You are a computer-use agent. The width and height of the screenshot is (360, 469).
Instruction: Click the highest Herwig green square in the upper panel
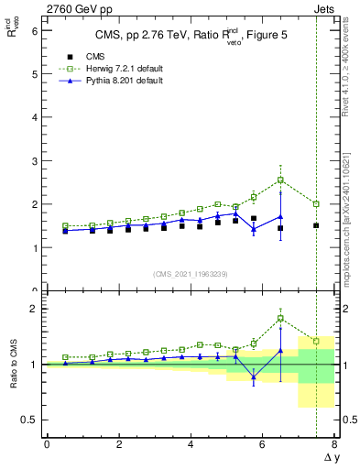coord(280,180)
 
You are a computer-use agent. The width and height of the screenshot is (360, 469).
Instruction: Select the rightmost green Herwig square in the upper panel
coord(316,204)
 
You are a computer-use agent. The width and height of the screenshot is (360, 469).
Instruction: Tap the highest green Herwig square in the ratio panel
coord(280,319)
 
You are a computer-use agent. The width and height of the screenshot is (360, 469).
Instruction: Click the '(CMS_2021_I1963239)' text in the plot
coord(190,273)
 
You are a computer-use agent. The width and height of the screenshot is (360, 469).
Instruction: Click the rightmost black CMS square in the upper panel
coord(316,225)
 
